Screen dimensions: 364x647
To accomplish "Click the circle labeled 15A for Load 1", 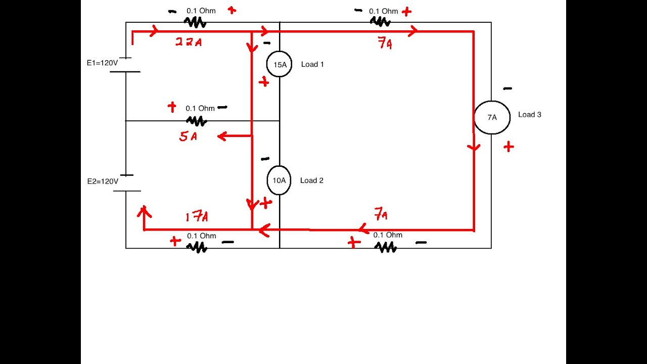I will [x=279, y=64].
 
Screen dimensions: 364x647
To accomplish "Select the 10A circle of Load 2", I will [x=279, y=180].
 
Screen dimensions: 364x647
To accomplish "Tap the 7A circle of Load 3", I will [x=492, y=117].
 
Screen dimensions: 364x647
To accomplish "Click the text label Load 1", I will [x=312, y=64].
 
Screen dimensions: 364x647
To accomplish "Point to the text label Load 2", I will [x=311, y=180].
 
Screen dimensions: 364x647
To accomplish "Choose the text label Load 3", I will [x=529, y=115].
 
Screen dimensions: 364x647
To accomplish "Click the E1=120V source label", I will [x=102, y=64].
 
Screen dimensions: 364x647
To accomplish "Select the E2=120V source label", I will [x=103, y=181].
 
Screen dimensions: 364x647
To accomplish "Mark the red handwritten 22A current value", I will [x=189, y=42].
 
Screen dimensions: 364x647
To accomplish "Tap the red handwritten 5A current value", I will [x=188, y=136].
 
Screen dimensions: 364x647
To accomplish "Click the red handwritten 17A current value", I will [x=197, y=217].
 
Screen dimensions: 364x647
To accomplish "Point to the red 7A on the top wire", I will [x=385, y=44].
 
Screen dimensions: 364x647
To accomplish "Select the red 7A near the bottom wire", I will [x=381, y=215].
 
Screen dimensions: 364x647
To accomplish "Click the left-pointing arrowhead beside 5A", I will [x=221, y=135].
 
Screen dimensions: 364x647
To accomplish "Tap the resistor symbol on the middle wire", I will [x=196, y=121].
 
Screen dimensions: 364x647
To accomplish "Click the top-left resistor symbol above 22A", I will [x=194, y=22].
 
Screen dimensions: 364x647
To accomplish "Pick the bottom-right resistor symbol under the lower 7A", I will [x=385, y=247].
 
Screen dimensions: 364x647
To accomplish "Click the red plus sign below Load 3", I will [x=509, y=147].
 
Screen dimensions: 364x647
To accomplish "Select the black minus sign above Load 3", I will [x=507, y=88].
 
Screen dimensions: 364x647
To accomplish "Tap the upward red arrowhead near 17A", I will [x=144, y=210].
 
